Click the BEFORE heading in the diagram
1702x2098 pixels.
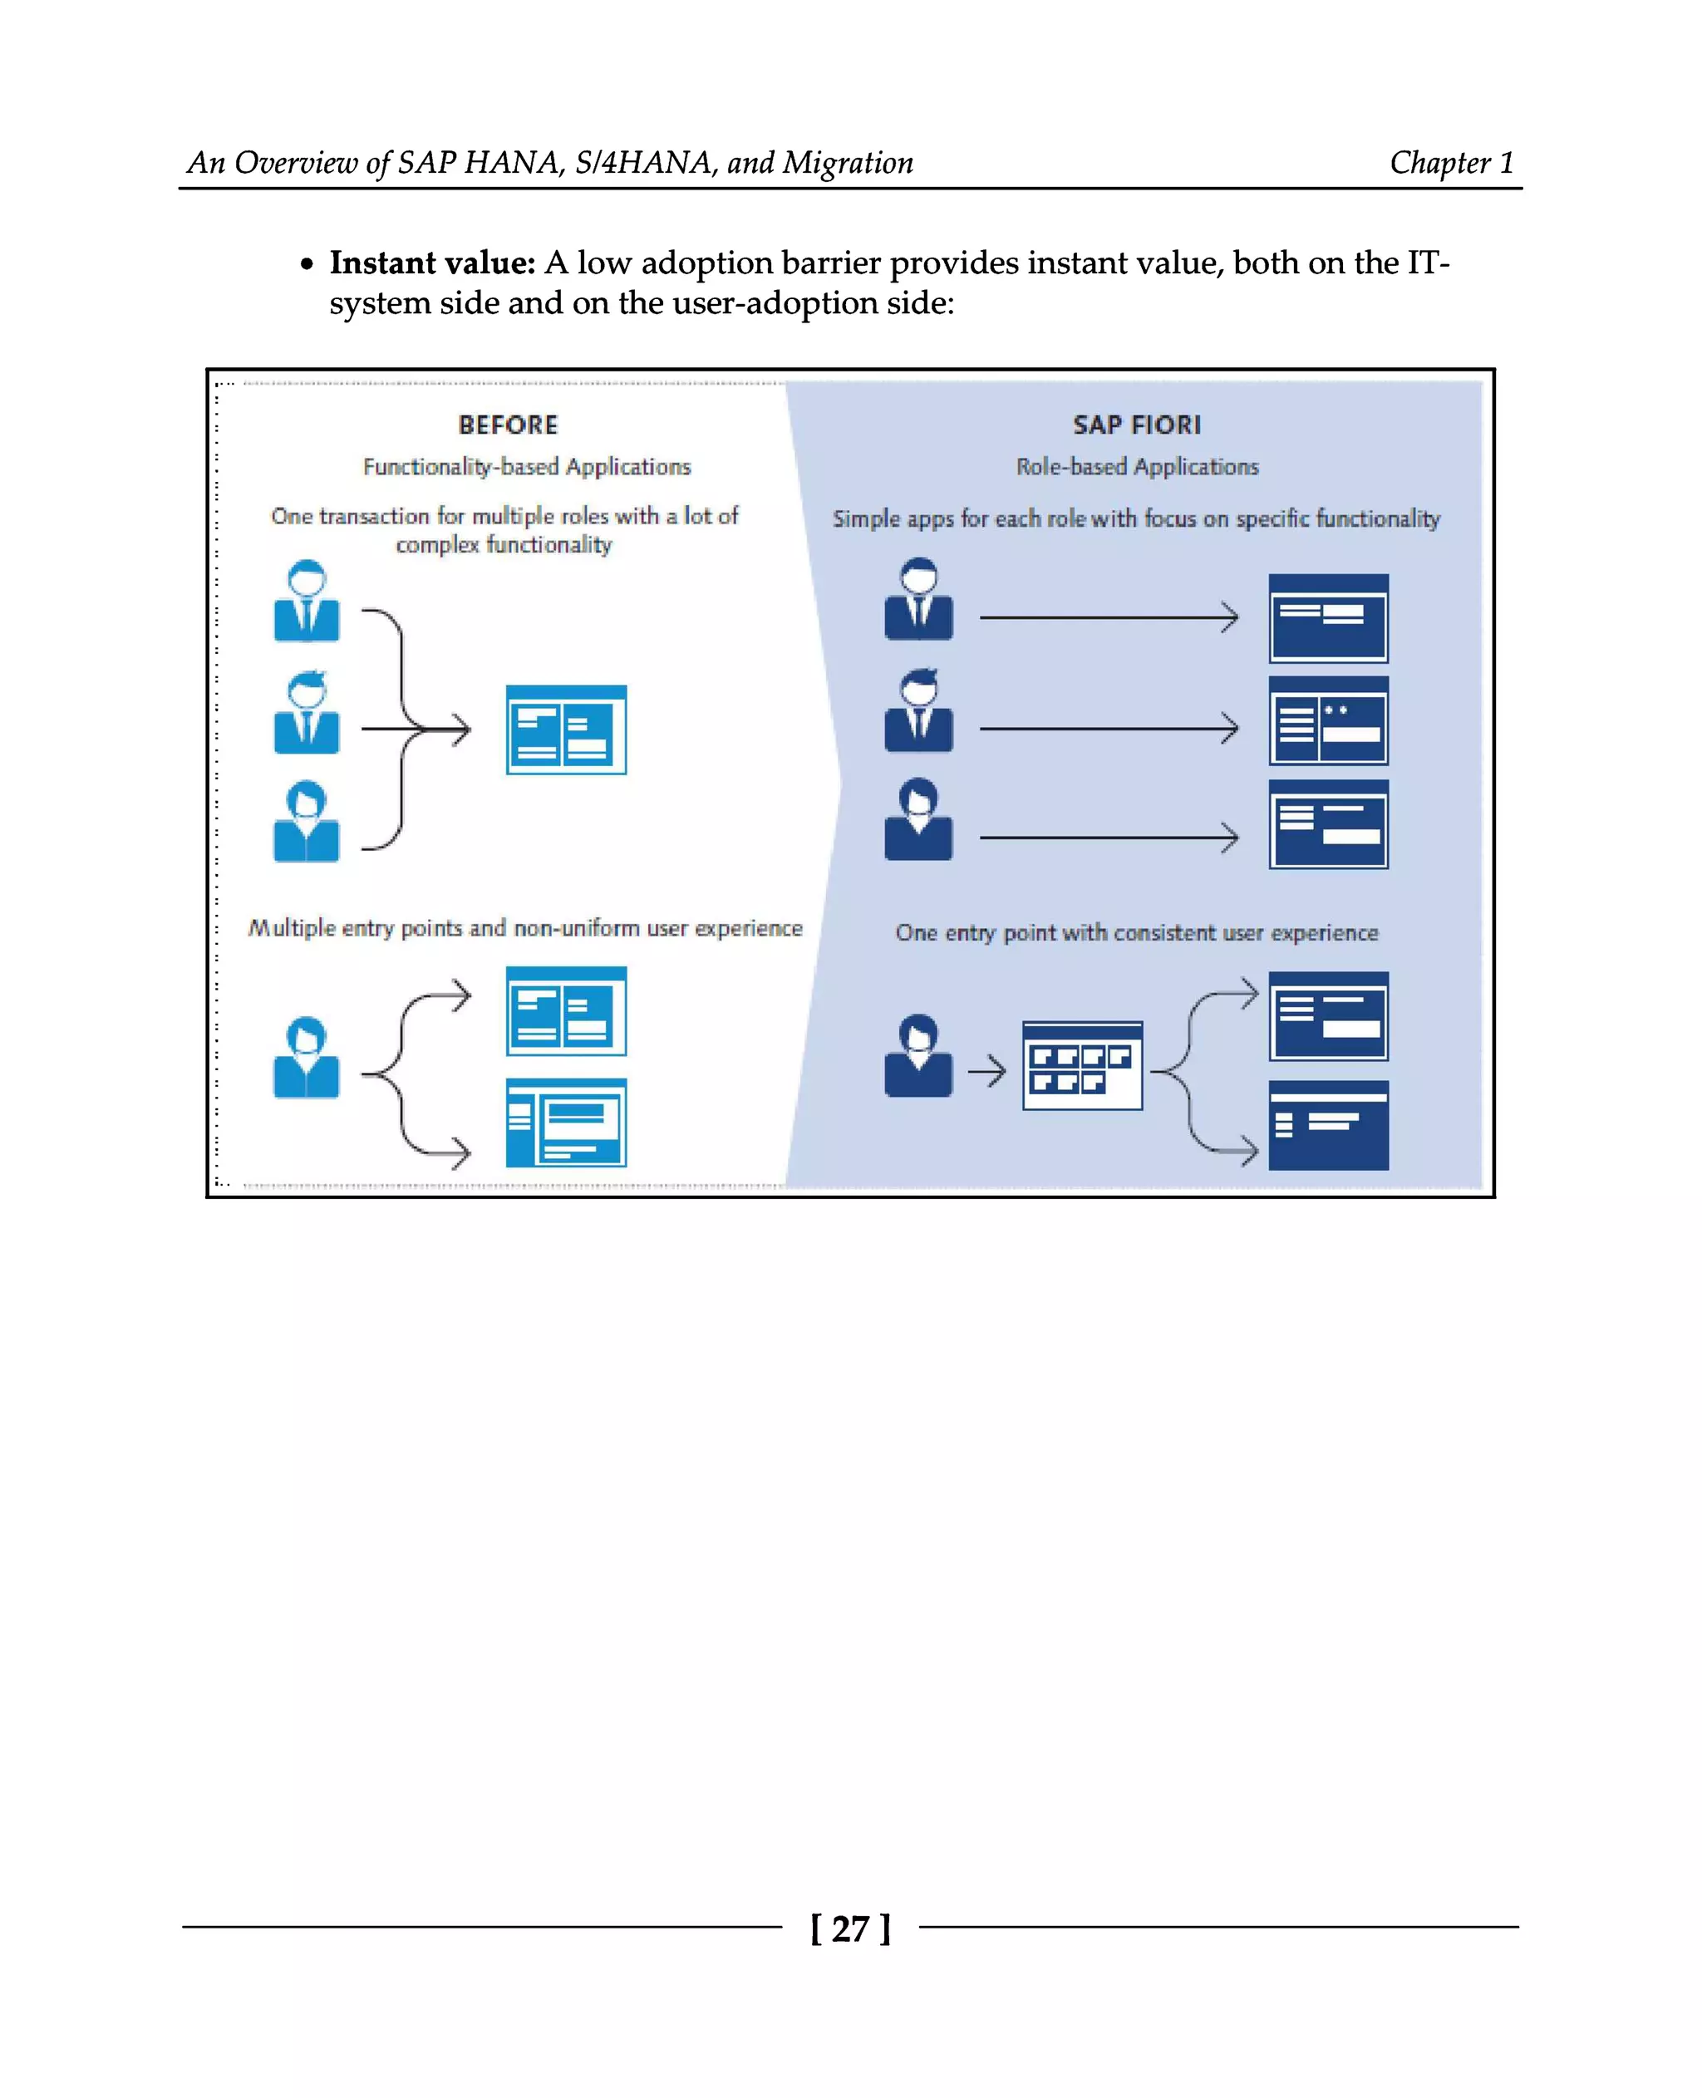[x=508, y=425]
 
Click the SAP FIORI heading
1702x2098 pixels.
[x=1136, y=425]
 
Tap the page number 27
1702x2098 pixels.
[x=850, y=1928]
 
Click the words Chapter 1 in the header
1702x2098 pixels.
[x=1451, y=162]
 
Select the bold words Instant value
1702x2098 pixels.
[x=432, y=263]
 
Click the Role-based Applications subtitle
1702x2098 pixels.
[x=1136, y=467]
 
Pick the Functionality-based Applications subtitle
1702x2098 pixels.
[x=527, y=467]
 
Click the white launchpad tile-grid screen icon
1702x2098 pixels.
[x=1081, y=1066]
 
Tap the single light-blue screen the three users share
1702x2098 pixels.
[x=566, y=730]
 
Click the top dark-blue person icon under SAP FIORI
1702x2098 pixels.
[x=917, y=599]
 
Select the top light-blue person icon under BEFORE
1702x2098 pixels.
[x=307, y=601]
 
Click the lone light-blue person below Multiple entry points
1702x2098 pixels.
[x=307, y=1058]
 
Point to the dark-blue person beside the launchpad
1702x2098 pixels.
[x=917, y=1056]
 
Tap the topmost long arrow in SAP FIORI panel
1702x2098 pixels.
[x=1108, y=617]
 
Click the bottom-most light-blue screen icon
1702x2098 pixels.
[x=566, y=1123]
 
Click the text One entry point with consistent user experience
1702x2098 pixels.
[x=1136, y=932]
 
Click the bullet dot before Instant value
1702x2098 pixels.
[x=307, y=265]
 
